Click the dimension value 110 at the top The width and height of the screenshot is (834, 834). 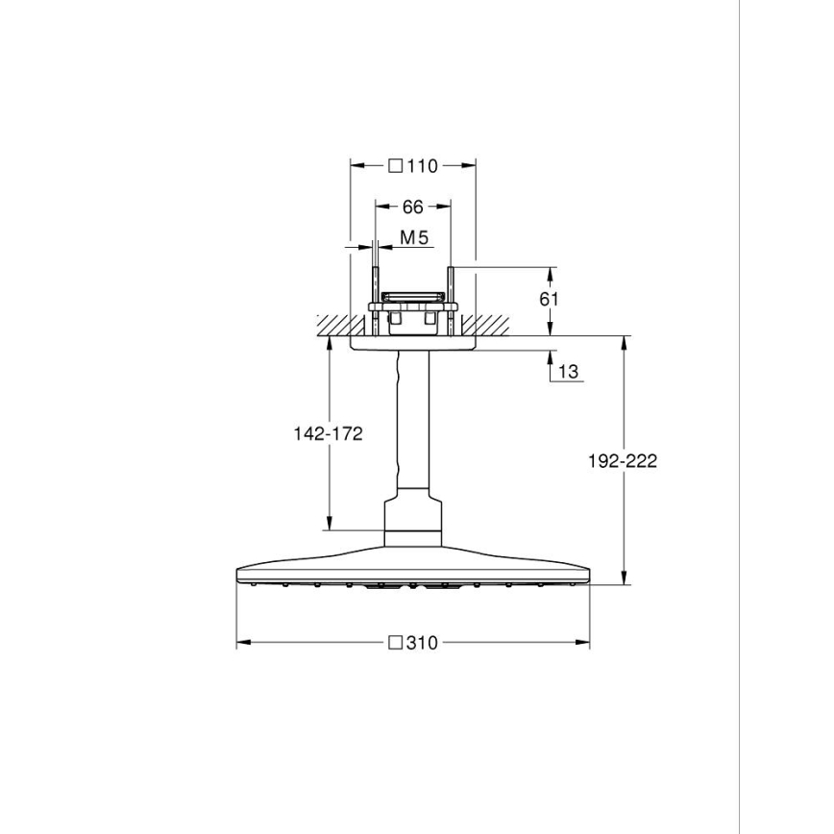pyautogui.click(x=422, y=166)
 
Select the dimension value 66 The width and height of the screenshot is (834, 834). pyautogui.click(x=412, y=207)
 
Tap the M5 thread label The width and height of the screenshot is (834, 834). pyautogui.click(x=413, y=237)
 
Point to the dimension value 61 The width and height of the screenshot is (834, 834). pyautogui.click(x=549, y=299)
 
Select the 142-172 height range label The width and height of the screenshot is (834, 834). pyautogui.click(x=328, y=433)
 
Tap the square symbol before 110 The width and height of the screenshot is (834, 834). pyautogui.click(x=396, y=166)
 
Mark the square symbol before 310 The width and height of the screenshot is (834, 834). pyautogui.click(x=394, y=643)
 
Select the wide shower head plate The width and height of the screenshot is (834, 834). pyautogui.click(x=414, y=567)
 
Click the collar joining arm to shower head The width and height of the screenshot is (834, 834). pyautogui.click(x=414, y=519)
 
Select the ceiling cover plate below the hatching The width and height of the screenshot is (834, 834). pyautogui.click(x=414, y=343)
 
